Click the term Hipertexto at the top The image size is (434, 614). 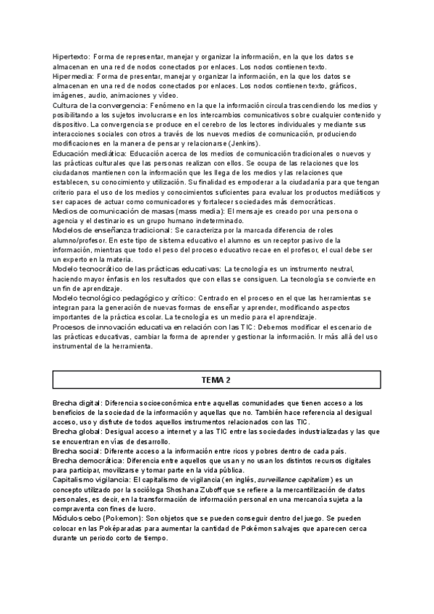click(x=72, y=56)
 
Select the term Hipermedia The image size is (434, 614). click(x=75, y=75)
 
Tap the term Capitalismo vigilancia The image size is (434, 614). click(x=91, y=479)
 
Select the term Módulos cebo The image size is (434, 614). click(x=77, y=518)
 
